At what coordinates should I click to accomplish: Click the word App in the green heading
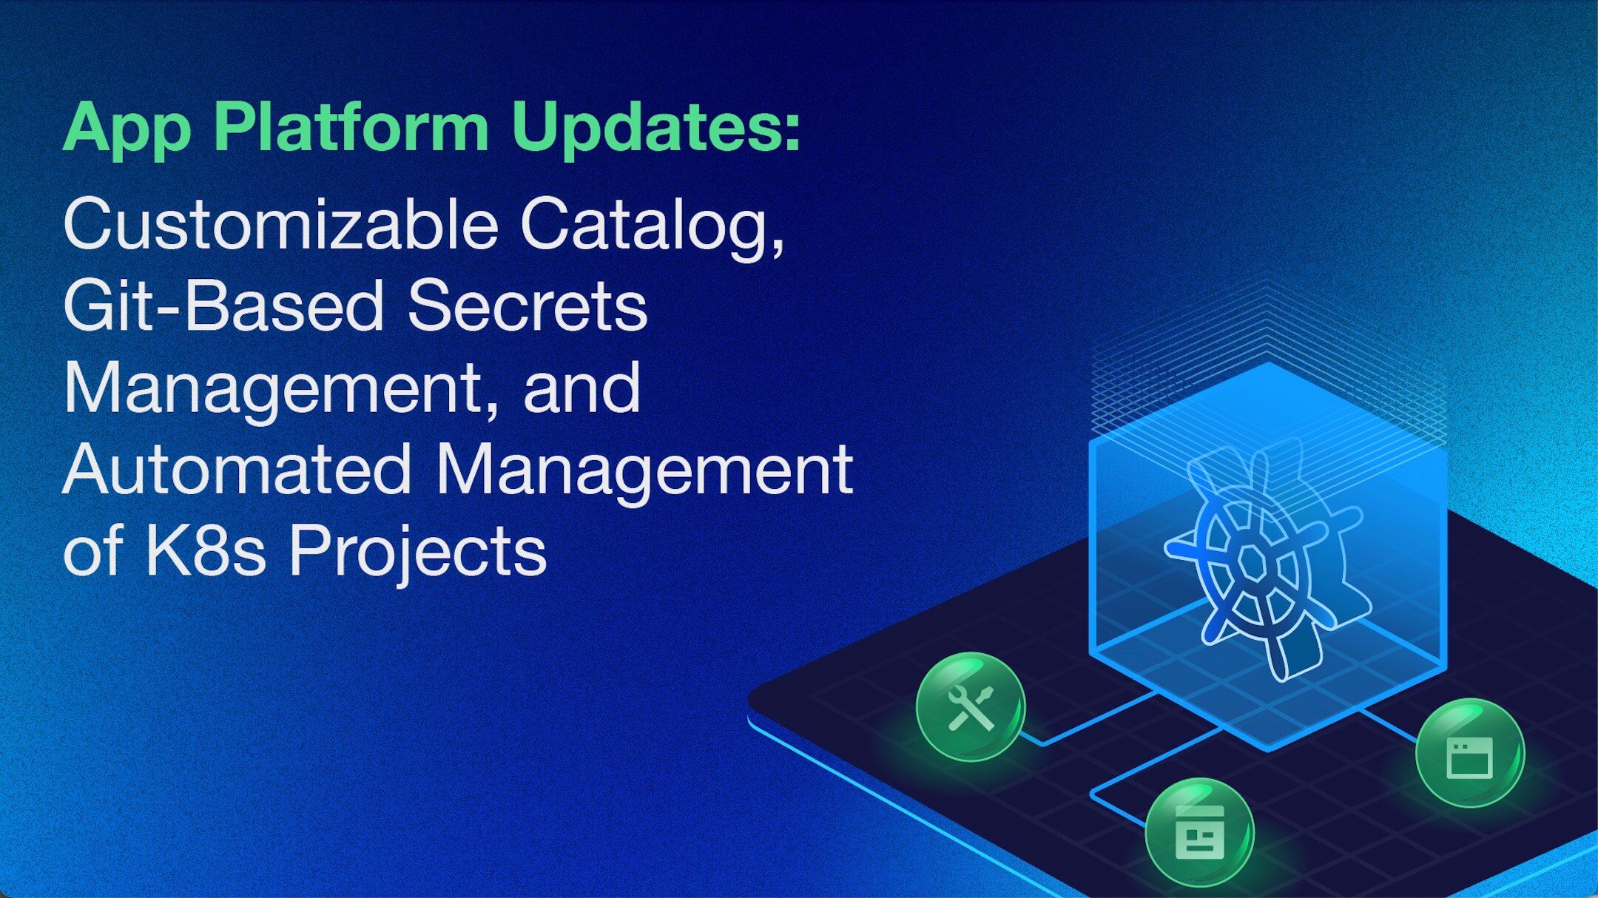[127, 129]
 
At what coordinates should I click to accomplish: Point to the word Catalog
[652, 228]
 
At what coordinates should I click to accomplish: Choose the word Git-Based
[223, 305]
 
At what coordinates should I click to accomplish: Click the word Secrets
[527, 306]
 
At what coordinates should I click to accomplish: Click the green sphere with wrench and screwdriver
[971, 706]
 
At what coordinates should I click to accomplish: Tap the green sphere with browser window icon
[1470, 753]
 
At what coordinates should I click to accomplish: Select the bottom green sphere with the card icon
[1199, 833]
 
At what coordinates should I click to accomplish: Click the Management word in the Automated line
[644, 472]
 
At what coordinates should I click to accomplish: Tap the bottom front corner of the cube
[1268, 750]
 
